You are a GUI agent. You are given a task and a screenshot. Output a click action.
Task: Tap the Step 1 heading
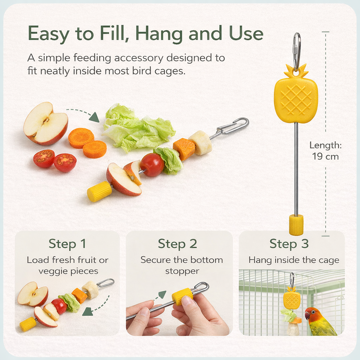tap(67, 243)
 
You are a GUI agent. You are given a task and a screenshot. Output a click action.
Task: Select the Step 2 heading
tap(177, 243)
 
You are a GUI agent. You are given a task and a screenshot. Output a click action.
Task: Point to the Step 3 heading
tap(289, 243)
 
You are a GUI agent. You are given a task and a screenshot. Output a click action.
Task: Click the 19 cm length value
tap(325, 156)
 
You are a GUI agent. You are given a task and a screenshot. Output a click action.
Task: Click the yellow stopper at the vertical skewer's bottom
tap(296, 225)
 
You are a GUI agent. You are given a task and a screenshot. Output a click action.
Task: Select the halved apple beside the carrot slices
tap(45, 123)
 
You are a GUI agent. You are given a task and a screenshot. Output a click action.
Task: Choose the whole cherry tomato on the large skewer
tap(152, 164)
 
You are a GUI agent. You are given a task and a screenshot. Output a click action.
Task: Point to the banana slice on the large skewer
tap(200, 142)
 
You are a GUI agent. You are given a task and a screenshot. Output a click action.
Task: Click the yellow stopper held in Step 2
tap(182, 296)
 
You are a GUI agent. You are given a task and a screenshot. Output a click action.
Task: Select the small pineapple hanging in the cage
tap(292, 300)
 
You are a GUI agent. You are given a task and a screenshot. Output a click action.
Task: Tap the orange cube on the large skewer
tap(184, 149)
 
